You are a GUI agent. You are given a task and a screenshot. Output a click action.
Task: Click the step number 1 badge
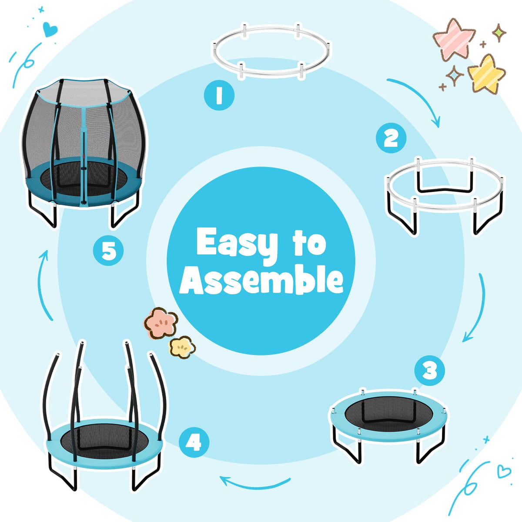point(219,95)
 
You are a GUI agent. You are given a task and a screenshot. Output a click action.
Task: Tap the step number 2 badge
point(391,138)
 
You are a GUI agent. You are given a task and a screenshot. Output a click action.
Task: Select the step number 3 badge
point(430,371)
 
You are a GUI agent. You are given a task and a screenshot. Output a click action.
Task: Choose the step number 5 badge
point(108,250)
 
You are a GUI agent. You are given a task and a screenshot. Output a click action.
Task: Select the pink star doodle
point(454,39)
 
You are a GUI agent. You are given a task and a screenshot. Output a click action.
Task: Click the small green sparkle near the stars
point(499,33)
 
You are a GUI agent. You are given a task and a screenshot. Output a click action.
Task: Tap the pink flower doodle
point(161,323)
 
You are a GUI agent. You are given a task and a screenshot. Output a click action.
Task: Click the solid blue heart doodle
point(50,29)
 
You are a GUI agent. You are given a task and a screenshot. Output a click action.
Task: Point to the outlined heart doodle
point(504,472)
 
